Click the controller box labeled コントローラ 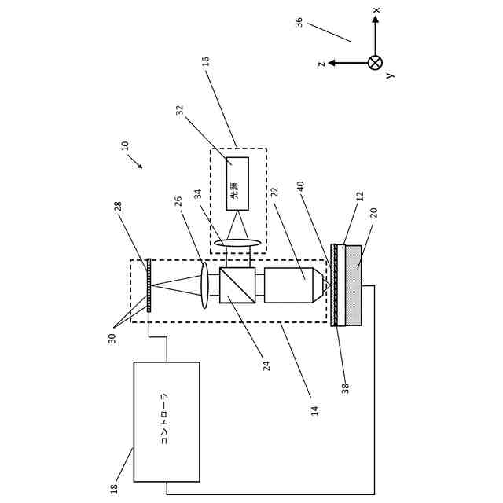167,421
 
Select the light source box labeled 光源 237,183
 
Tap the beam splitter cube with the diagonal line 237,285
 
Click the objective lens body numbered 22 289,285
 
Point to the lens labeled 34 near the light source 237,243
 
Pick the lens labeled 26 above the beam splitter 204,285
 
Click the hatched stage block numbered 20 354,285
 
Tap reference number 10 125,146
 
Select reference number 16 206,61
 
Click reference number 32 180,111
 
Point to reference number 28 119,206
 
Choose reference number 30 112,338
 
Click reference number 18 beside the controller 115,487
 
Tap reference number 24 266,365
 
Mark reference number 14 314,409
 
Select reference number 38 345,387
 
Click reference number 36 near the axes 299,22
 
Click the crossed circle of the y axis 375,63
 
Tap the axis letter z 321,63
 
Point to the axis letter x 376,10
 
